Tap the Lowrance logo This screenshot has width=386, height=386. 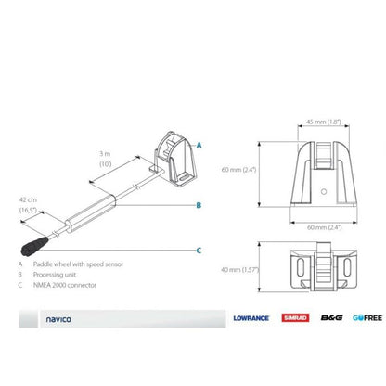click(x=251, y=317)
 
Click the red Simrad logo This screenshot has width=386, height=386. click(x=290, y=317)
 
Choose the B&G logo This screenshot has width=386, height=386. click(x=328, y=317)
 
